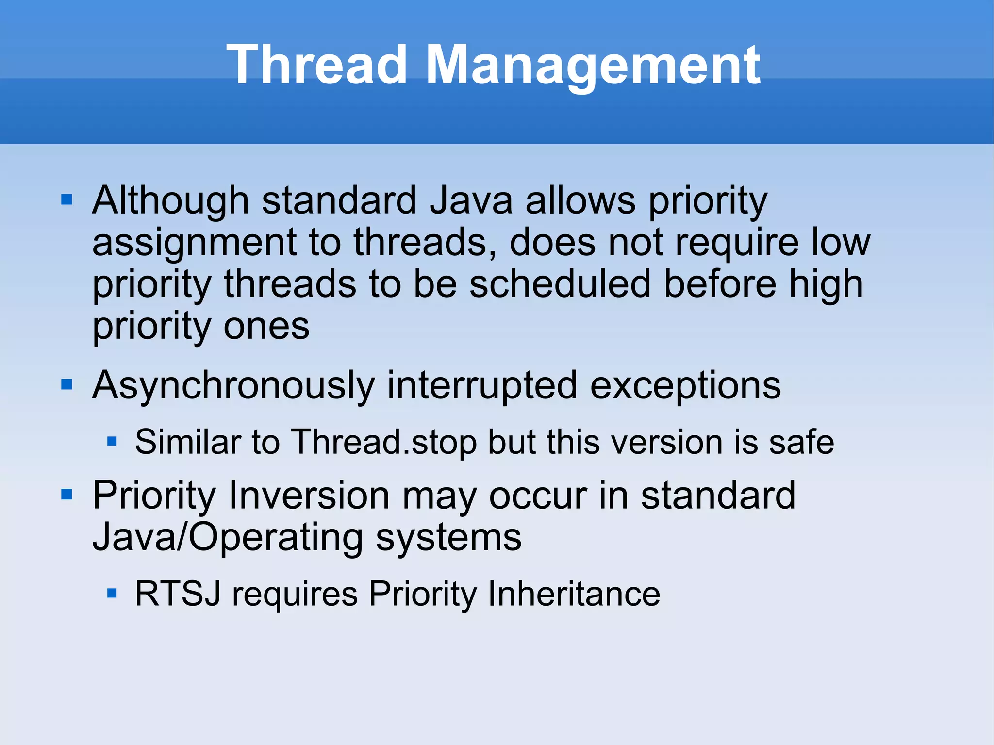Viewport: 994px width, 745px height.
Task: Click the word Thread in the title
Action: click(x=316, y=65)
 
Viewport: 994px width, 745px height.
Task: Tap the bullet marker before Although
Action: click(x=66, y=199)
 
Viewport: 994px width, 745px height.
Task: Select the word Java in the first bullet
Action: click(x=471, y=200)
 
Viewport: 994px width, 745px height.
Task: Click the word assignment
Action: click(x=194, y=243)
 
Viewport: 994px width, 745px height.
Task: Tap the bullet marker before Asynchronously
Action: click(x=66, y=385)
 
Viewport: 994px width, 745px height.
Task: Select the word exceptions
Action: click(x=685, y=386)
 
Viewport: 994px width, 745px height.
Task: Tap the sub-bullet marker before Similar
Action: click(x=112, y=441)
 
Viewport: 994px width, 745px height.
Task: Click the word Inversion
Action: click(x=309, y=496)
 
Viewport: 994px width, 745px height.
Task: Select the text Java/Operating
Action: click(x=228, y=537)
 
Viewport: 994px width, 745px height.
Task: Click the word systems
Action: click(x=448, y=537)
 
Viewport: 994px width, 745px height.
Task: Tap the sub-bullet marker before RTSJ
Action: click(x=112, y=593)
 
